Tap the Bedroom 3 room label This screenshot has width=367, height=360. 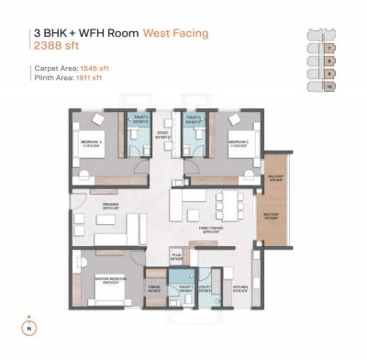click(x=241, y=143)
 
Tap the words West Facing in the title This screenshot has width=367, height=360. click(x=174, y=33)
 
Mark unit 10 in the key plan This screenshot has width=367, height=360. click(x=329, y=84)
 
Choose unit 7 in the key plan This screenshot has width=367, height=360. click(x=329, y=45)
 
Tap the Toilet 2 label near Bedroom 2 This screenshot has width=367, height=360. click(x=139, y=118)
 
